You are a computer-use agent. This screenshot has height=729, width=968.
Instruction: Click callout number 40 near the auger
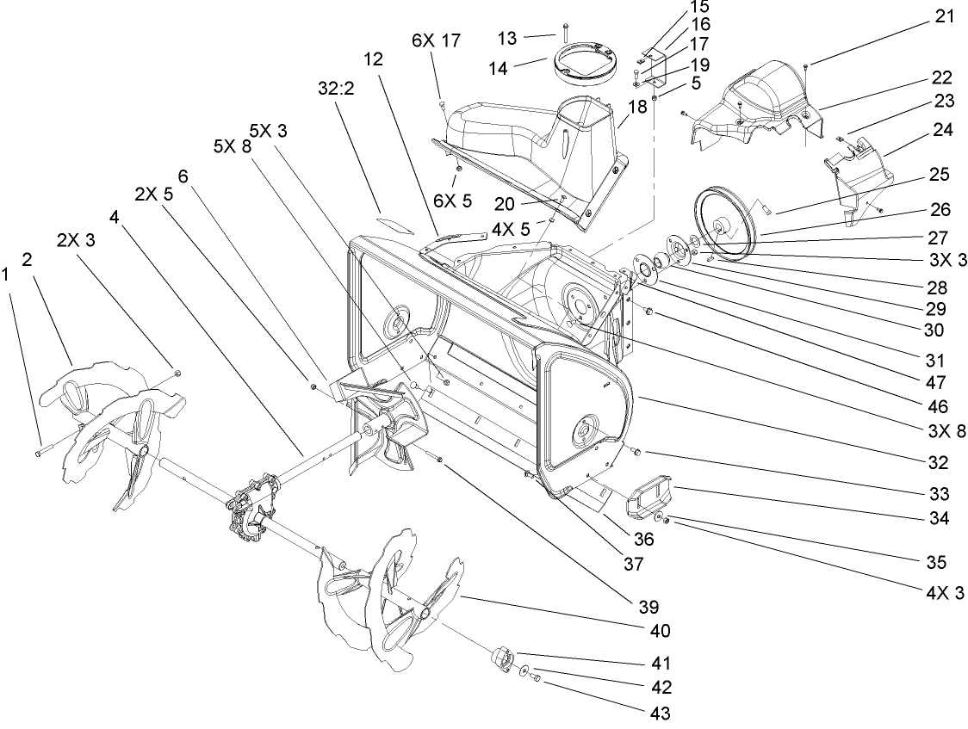pos(661,630)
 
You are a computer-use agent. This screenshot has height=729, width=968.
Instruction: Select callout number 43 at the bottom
pos(661,713)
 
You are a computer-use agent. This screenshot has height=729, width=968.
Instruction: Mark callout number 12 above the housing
pos(373,59)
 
